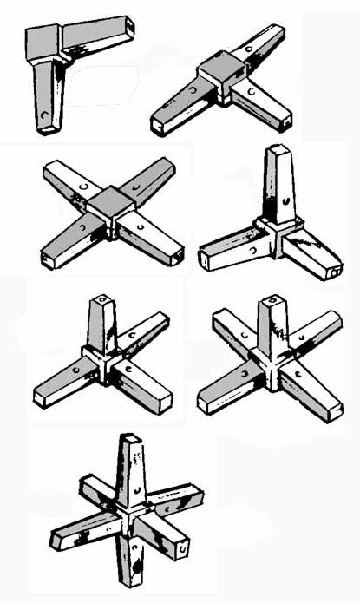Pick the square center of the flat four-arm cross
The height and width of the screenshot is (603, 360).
(111, 205)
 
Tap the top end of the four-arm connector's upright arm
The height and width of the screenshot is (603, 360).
(103, 300)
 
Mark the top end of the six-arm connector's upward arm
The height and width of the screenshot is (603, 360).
(130, 439)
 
